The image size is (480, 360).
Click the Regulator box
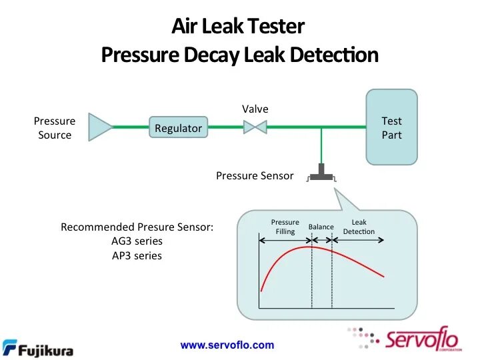(x=178, y=128)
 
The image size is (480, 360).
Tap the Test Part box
(x=391, y=127)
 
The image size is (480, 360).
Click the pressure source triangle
(x=100, y=127)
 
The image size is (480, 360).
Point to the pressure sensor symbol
(x=321, y=174)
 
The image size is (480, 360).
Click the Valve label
(x=255, y=109)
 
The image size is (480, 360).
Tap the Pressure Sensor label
(x=255, y=176)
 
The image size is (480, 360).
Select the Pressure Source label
(x=55, y=128)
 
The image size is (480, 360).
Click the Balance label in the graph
(x=321, y=227)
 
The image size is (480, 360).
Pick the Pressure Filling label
(x=285, y=227)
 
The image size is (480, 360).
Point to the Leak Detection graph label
(x=359, y=227)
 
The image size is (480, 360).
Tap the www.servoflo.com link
(x=227, y=345)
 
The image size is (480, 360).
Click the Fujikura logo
(x=38, y=348)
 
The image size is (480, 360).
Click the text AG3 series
(x=137, y=241)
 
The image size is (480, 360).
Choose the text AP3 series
(x=137, y=255)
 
